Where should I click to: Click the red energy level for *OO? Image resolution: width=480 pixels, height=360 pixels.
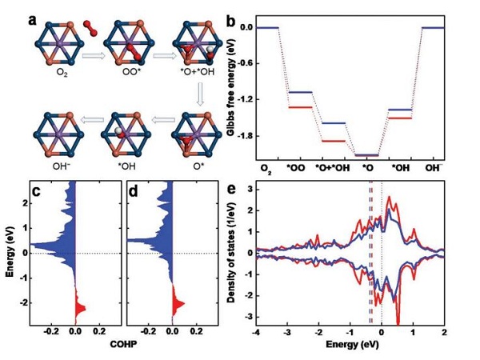[x=299, y=107]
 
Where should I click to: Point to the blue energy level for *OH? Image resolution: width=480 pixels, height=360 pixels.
[x=399, y=110]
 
